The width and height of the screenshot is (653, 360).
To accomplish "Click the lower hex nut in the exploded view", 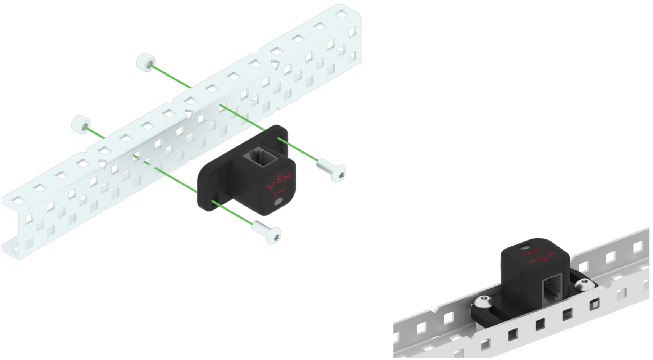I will (80, 125).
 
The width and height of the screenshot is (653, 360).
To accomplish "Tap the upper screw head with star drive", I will (338, 174).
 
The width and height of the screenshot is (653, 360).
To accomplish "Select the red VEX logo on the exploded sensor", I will (280, 181).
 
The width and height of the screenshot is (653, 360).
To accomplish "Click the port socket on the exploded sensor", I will (261, 156).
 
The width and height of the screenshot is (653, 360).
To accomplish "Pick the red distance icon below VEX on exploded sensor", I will (279, 192).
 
